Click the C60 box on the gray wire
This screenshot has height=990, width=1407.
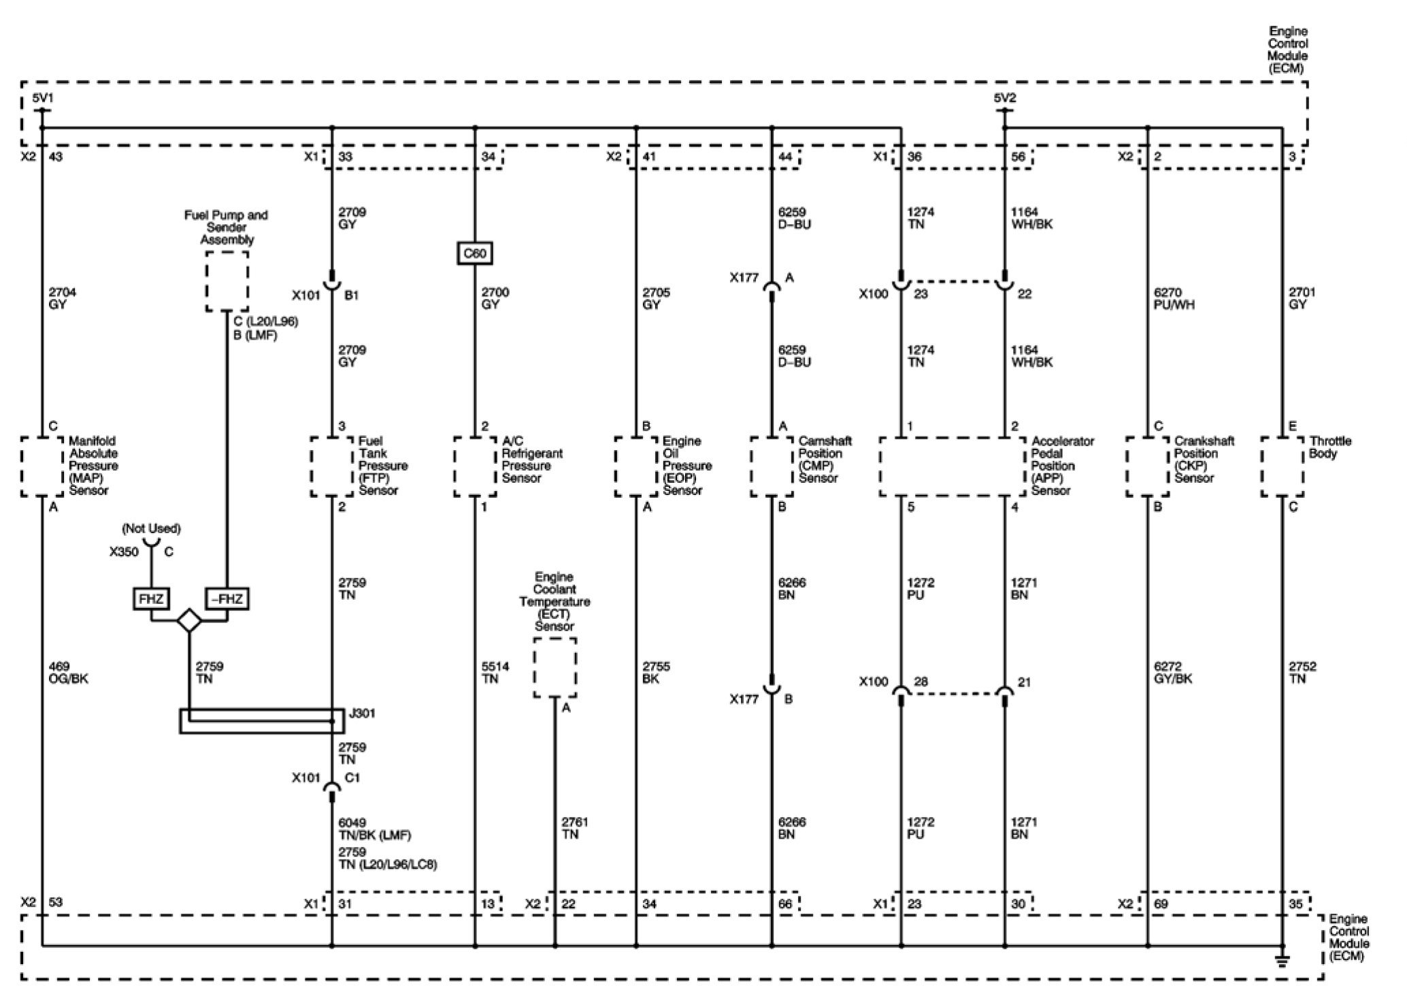(474, 254)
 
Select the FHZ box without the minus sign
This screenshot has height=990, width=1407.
(151, 599)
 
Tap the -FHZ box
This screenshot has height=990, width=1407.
(227, 599)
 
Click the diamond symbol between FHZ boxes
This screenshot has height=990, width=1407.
(188, 621)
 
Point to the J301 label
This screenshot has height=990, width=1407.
(361, 714)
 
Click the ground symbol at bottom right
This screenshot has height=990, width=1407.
(1282, 961)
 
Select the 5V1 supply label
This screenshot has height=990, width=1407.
(42, 99)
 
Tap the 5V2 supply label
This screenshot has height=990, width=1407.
(1004, 99)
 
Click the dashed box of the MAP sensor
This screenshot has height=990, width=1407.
(42, 466)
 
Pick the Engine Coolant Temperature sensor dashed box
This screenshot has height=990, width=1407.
(555, 667)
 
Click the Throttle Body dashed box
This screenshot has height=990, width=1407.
(1282, 466)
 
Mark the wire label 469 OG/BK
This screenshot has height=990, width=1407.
(68, 673)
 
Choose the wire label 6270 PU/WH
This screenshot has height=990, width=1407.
(1174, 298)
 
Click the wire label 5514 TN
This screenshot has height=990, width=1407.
(495, 673)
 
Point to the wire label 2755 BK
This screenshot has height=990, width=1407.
(657, 673)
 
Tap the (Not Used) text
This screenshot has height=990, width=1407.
(151, 528)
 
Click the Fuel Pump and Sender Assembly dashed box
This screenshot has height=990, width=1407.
(227, 281)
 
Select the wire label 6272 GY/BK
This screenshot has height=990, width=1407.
(1173, 673)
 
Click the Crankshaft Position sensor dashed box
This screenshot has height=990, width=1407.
(1148, 466)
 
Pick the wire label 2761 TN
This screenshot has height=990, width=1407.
(574, 828)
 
